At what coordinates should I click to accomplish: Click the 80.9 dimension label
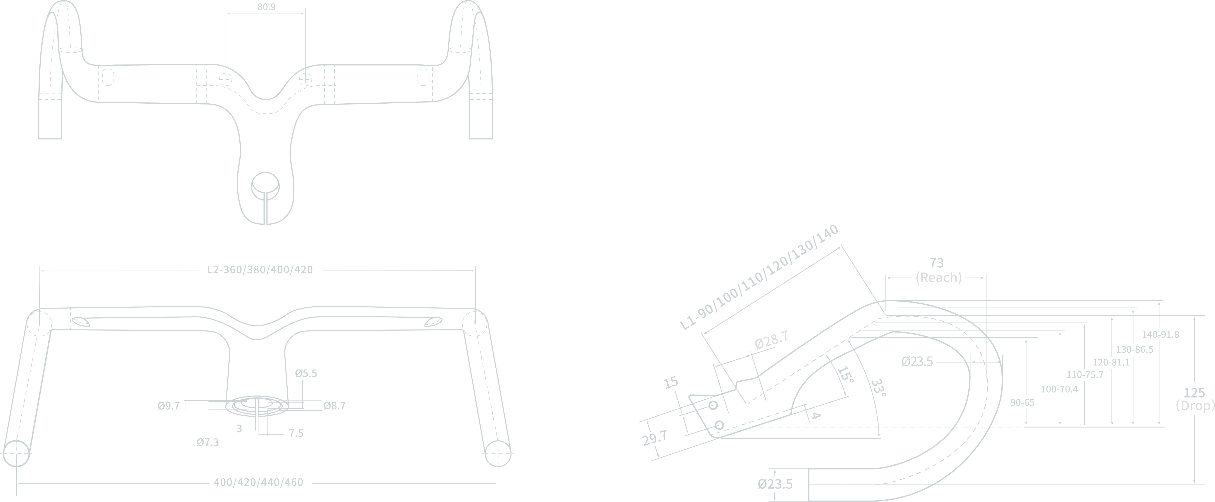(266, 7)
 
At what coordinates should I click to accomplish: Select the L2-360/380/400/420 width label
(260, 270)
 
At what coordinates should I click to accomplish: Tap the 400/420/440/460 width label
(259, 482)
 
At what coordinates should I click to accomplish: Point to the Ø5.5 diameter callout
(306, 374)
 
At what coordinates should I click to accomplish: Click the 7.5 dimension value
(296, 433)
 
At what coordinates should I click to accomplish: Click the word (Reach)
(939, 277)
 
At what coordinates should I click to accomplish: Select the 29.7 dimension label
(655, 438)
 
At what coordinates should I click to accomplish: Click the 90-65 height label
(1022, 402)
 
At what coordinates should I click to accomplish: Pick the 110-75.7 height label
(1085, 375)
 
